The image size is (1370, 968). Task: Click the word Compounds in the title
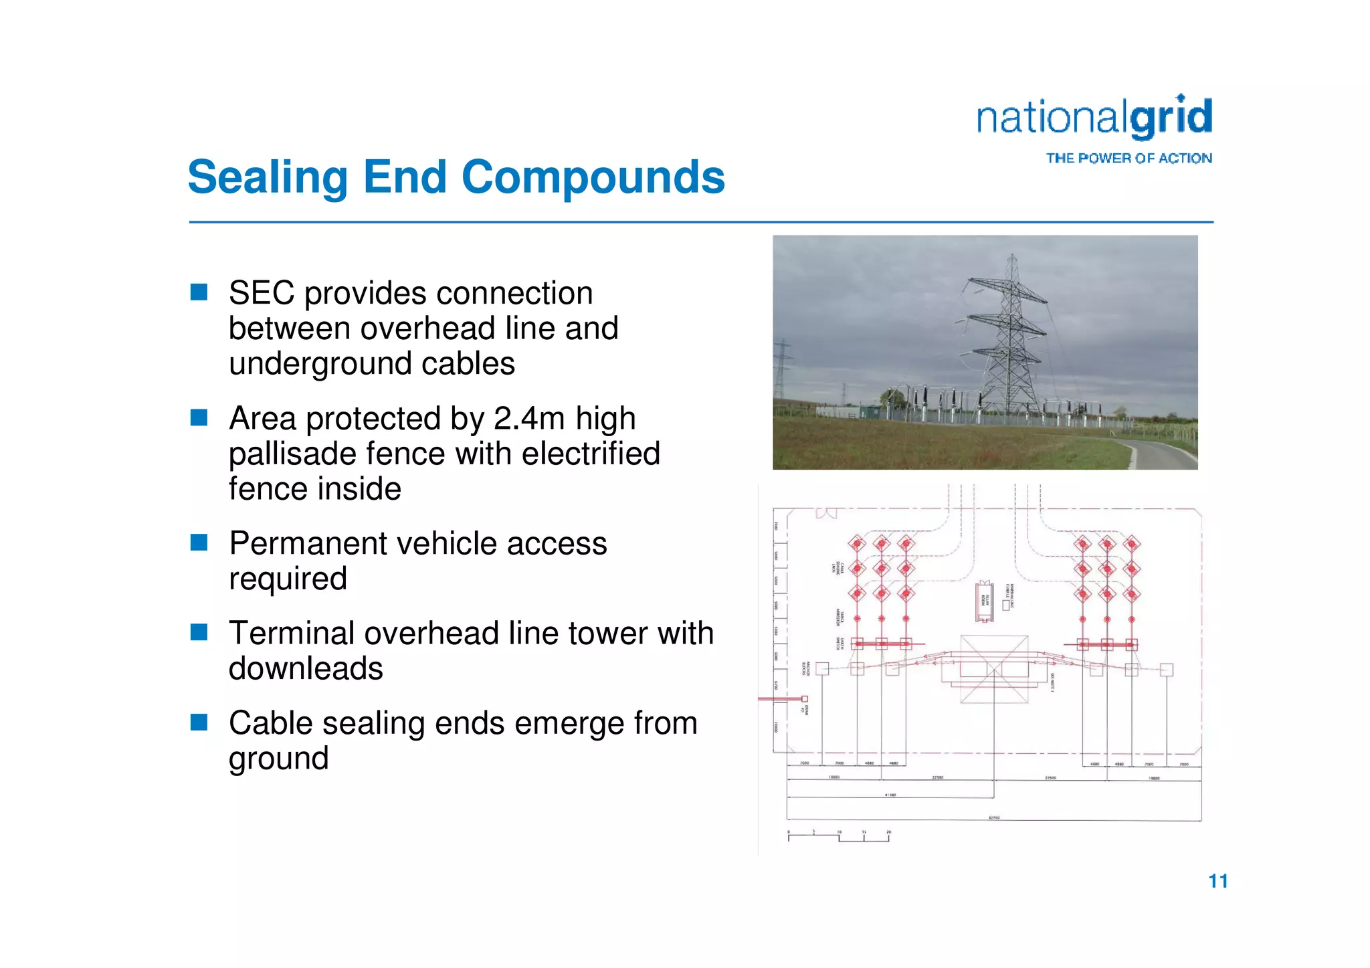tap(593, 177)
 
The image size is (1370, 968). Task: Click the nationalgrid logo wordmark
tap(1094, 118)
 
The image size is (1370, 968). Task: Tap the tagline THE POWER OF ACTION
tap(1129, 159)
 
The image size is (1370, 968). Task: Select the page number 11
tap(1217, 881)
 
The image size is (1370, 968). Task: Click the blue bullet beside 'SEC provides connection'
tap(199, 292)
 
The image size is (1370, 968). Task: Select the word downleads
tap(306, 669)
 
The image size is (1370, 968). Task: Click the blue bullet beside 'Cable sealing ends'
tap(199, 722)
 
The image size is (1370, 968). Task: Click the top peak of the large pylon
tap(1012, 256)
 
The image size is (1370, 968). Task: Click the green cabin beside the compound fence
tap(869, 410)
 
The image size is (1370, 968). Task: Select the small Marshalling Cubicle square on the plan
tap(1005, 605)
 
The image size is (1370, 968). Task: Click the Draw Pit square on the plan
tap(805, 698)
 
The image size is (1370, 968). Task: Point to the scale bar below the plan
tap(839, 836)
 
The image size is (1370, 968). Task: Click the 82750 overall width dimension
tap(994, 818)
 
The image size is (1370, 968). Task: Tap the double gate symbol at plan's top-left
tap(826, 514)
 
